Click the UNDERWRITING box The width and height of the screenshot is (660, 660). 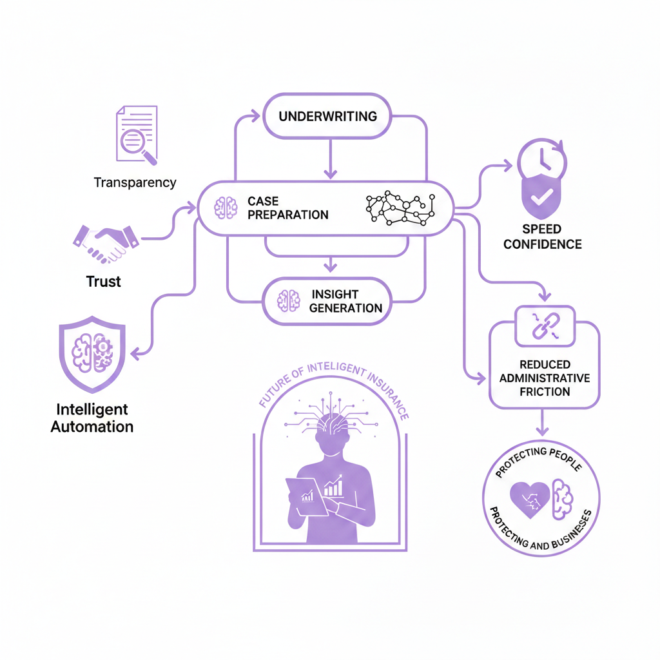(327, 117)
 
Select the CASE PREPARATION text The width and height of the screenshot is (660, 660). (287, 208)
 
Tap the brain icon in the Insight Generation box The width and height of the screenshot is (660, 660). (288, 300)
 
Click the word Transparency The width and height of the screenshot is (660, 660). (135, 182)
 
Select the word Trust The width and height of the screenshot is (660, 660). (103, 282)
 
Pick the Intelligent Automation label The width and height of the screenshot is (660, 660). (92, 418)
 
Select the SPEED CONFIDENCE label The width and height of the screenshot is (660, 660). (543, 237)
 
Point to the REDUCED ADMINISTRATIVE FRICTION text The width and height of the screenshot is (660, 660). (544, 378)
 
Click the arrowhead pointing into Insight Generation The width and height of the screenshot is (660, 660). (330, 266)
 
